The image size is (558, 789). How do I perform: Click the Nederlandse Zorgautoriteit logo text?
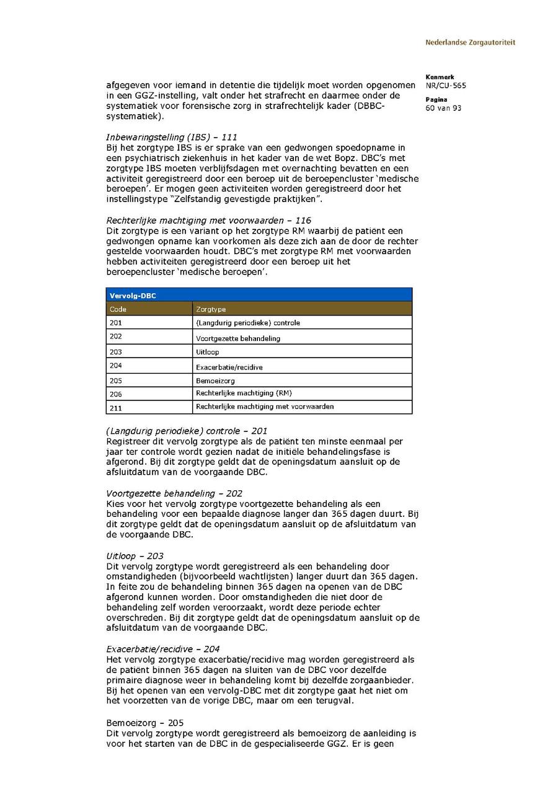pos(470,43)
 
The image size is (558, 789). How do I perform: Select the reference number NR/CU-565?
pos(446,86)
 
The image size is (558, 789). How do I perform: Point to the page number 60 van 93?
pos(443,108)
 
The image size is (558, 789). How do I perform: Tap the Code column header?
pos(118,309)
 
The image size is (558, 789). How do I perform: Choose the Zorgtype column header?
pos(211,309)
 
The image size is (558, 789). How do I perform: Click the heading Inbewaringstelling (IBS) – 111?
pos(172,137)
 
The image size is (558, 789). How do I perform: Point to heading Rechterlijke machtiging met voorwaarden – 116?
pos(209,221)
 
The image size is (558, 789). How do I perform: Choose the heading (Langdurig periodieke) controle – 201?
pos(187,431)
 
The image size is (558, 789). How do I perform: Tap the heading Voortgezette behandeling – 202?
pos(174,494)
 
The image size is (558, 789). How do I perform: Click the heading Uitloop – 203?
pos(135,557)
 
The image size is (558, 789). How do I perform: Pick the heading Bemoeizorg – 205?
pos(145,723)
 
